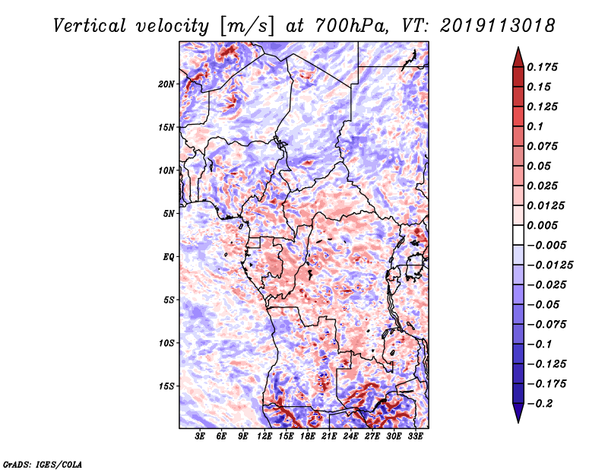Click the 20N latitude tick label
166,84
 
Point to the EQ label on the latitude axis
169,257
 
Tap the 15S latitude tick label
166,386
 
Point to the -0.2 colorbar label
542,403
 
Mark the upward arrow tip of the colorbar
517,50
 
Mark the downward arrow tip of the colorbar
517,420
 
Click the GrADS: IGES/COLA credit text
42,463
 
